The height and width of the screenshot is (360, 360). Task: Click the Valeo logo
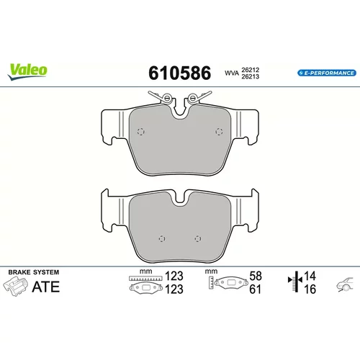click(x=27, y=71)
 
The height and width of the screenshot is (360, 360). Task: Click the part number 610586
click(x=180, y=73)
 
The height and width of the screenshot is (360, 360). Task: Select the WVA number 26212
click(x=251, y=70)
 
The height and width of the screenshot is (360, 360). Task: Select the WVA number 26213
click(x=251, y=76)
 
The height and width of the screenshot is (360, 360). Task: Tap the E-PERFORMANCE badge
click(x=327, y=73)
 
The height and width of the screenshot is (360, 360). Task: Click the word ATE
click(x=46, y=287)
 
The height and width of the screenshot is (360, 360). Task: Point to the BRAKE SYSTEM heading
click(x=34, y=272)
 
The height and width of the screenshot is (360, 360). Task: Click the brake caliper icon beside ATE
click(x=16, y=286)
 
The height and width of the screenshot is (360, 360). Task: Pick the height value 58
click(x=256, y=276)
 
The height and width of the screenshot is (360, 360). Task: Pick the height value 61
click(x=255, y=289)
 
